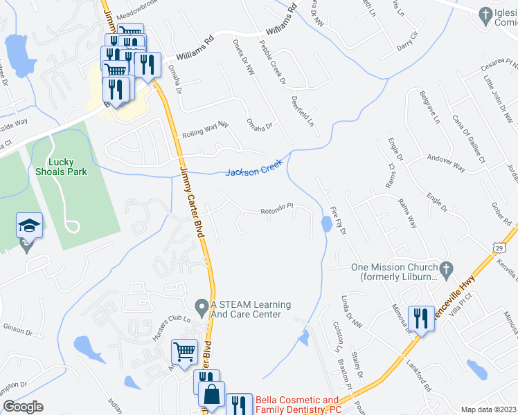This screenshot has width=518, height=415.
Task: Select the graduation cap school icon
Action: click(x=30, y=226)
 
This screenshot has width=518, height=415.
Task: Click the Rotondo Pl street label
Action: click(x=277, y=208)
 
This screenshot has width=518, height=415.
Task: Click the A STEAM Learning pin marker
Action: click(x=202, y=305)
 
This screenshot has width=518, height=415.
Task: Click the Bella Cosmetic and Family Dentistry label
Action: click(x=298, y=405)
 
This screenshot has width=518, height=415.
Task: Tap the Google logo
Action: click(x=23, y=407)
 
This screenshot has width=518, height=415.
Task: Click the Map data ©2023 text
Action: click(x=488, y=409)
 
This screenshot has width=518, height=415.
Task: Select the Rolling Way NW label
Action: click(x=205, y=129)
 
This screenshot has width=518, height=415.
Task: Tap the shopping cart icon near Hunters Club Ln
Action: click(x=185, y=351)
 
